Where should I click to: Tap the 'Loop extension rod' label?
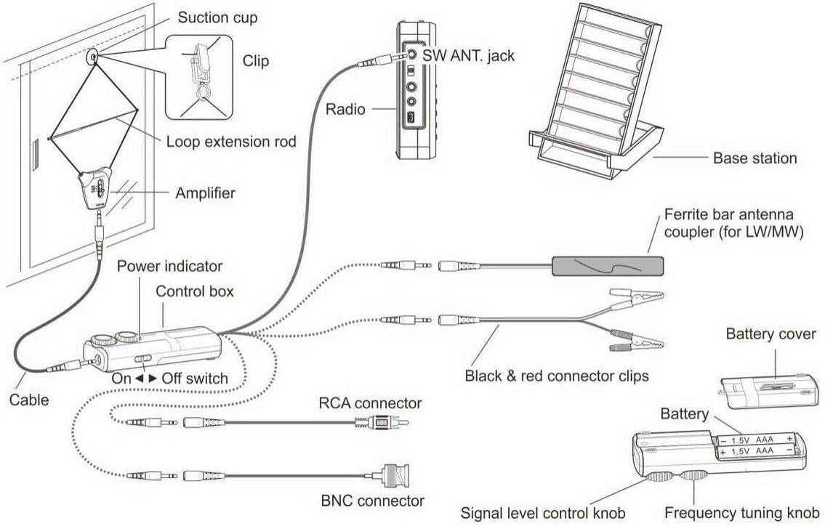pos(231,142)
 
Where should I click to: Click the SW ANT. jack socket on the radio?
pos(411,53)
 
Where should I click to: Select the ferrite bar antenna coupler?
pos(608,266)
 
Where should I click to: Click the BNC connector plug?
pos(393,477)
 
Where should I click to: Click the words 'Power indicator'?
pos(169,267)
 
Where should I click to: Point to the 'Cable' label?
pos(29,400)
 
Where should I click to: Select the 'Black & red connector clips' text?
pos(556,376)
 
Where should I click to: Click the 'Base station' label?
pos(754,158)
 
